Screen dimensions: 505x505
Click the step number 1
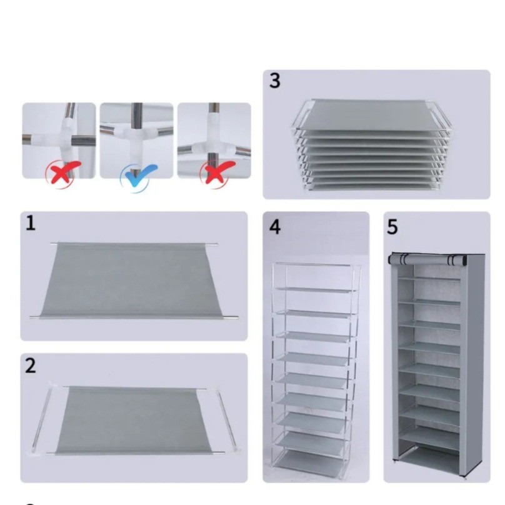click(x=30, y=223)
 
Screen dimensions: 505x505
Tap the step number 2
click(x=31, y=366)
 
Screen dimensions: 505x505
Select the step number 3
click(x=274, y=81)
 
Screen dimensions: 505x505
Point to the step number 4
click(x=275, y=227)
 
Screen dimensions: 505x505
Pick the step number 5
click(x=392, y=227)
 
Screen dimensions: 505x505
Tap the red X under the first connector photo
click(x=62, y=172)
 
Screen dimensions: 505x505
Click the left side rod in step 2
click(x=41, y=417)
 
